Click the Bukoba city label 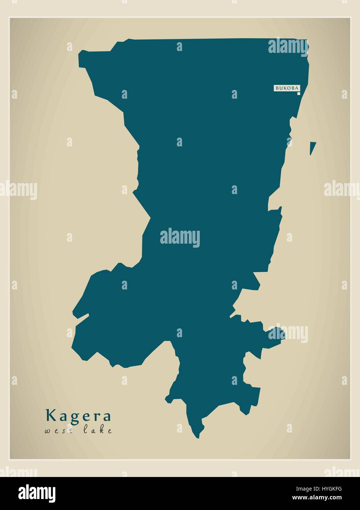click(286, 88)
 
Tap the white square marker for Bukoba click(299, 94)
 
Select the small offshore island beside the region click(312, 147)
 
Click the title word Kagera click(78, 416)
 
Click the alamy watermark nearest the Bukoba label click(288, 46)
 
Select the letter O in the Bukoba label click(289, 88)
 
